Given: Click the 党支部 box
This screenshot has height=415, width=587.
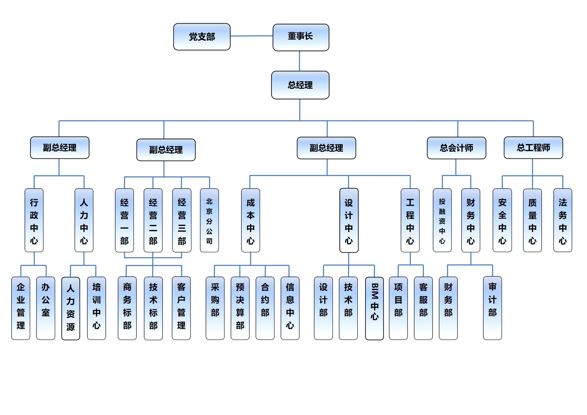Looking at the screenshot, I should (202, 37).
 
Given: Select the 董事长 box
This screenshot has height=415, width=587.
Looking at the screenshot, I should (301, 37).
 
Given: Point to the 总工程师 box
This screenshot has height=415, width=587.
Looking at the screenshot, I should (533, 148).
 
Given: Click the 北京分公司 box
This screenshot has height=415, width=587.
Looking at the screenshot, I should (209, 220).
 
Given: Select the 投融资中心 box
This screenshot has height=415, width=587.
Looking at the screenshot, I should (442, 220).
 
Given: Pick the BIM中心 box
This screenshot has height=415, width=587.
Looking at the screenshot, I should (374, 308).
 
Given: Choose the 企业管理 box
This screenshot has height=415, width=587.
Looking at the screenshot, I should (21, 308).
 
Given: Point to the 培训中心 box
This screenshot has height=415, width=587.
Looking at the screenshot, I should (96, 308).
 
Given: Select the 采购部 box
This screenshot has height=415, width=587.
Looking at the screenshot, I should (215, 308).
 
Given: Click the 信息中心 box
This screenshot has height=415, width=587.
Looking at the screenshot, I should (290, 308).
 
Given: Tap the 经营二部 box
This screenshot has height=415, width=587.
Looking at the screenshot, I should (153, 220).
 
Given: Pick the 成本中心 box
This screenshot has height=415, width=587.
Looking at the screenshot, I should (250, 220).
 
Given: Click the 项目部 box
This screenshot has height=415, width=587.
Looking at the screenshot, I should (398, 308).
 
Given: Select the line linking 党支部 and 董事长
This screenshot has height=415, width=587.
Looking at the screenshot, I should (251, 36).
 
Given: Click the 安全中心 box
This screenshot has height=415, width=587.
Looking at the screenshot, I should (502, 220).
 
